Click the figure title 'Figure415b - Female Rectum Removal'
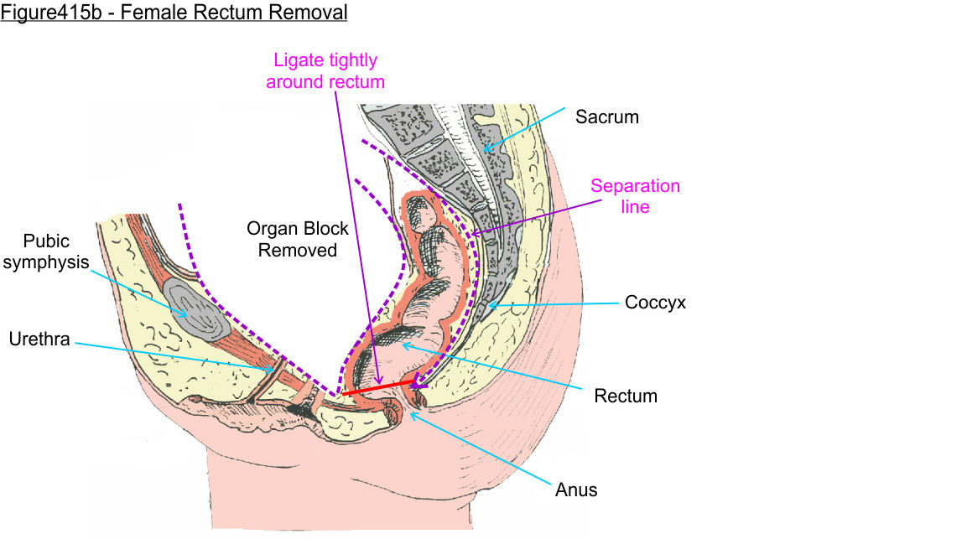[174, 13]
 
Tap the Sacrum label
[606, 117]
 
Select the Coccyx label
[655, 303]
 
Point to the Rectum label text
[626, 396]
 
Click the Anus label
[576, 489]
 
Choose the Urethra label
[39, 339]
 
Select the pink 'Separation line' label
[635, 195]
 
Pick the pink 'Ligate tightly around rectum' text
[325, 71]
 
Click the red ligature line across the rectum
[377, 387]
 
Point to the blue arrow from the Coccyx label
[554, 304]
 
